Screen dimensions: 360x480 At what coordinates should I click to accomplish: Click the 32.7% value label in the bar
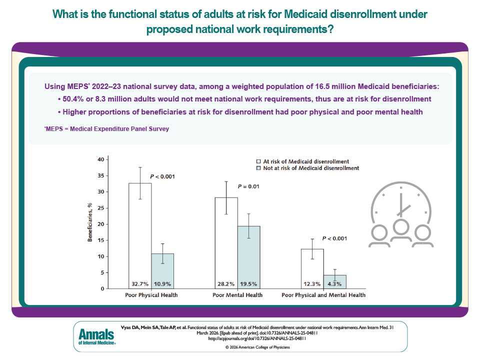tap(139, 283)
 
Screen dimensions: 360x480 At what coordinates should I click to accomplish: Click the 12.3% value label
tap(312, 283)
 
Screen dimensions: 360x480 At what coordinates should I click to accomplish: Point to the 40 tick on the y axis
tap(101, 159)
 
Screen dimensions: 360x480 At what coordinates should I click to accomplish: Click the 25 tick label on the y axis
tap(101, 208)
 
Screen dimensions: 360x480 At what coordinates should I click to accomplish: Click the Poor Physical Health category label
tap(151, 295)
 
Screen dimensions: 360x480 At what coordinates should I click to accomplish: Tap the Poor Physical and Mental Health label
tap(323, 295)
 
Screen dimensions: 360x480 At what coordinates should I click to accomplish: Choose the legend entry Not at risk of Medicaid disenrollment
tap(311, 168)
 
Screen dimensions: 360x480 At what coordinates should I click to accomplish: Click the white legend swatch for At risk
tap(258, 161)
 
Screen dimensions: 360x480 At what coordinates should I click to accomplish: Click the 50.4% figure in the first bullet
tap(78, 99)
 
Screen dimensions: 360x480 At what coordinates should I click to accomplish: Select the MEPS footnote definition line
tap(106, 129)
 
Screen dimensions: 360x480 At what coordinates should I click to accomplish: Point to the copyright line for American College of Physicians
tap(257, 346)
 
